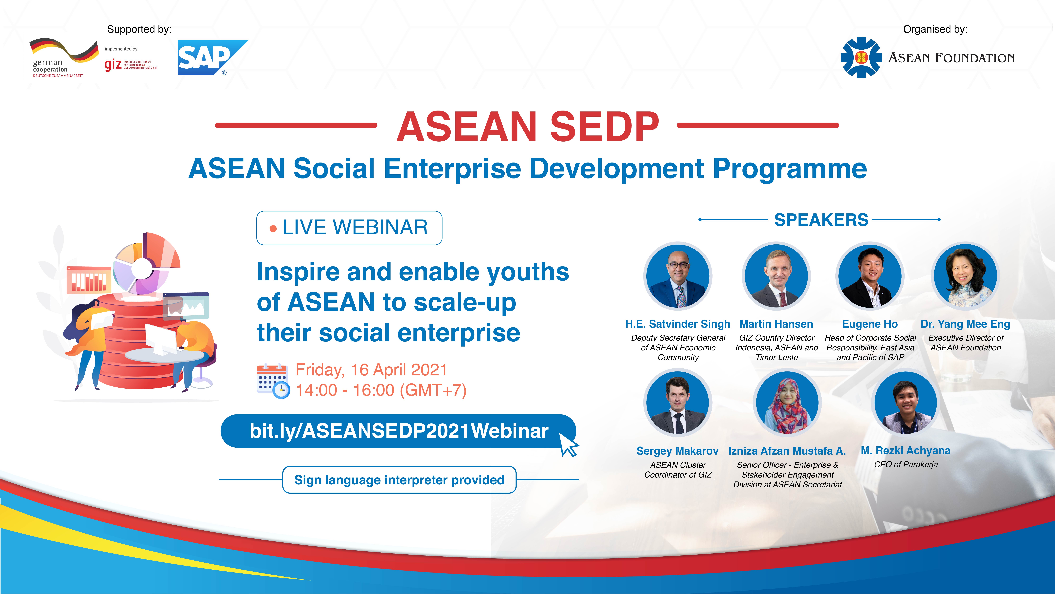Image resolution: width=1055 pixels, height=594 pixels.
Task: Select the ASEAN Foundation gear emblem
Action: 861,57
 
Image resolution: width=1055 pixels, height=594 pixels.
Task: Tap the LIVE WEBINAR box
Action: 349,228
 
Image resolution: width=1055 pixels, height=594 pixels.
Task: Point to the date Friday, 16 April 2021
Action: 371,370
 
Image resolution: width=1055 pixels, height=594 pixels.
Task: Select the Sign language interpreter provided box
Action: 399,480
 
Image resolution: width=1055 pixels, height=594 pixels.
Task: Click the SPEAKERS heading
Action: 821,220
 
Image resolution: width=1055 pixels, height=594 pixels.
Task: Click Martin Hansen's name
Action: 776,324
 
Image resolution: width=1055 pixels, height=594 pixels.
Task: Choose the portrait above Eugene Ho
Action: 870,276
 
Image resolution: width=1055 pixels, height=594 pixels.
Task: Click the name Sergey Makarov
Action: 677,451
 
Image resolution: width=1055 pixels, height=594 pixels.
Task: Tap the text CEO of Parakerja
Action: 906,464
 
